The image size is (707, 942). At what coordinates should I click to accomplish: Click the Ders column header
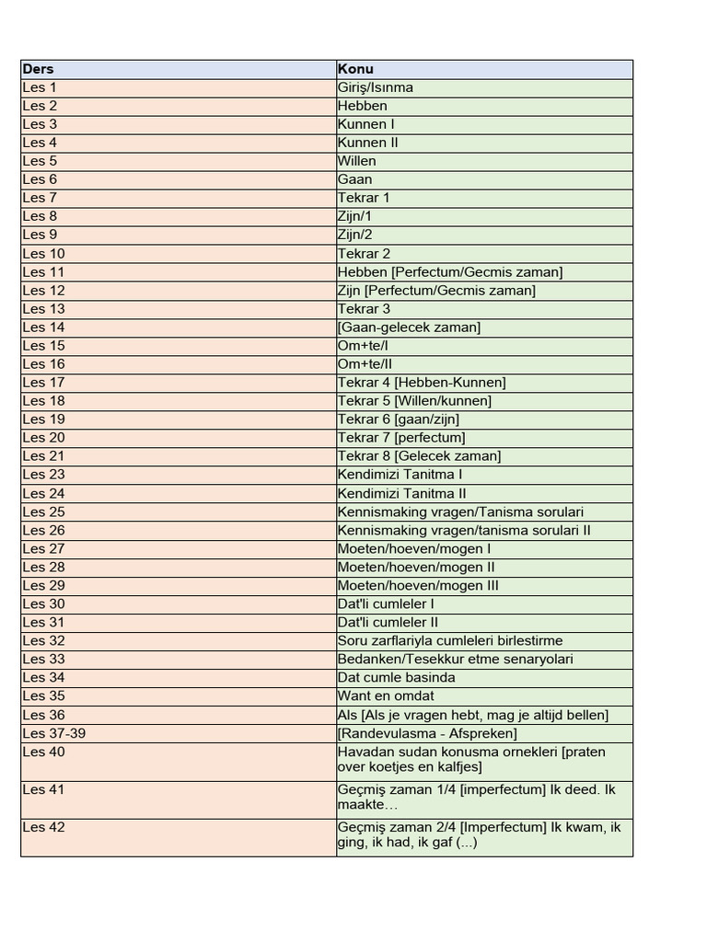click(38, 69)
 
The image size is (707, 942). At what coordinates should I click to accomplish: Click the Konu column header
click(355, 69)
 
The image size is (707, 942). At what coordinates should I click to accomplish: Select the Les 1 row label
click(40, 87)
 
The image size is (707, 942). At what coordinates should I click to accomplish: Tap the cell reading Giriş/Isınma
click(376, 87)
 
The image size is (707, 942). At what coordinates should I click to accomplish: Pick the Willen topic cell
click(357, 161)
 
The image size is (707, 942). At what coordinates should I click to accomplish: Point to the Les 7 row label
click(40, 198)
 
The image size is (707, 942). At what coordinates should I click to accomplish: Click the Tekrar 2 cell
click(365, 254)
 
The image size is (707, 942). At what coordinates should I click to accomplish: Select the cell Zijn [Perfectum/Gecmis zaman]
click(436, 291)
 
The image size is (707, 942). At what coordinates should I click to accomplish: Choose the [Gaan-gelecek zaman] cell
click(409, 327)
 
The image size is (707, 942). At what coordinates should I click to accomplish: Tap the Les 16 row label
click(43, 364)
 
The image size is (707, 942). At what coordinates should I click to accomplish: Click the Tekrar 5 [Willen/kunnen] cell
click(414, 401)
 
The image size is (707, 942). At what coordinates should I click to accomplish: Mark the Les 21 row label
click(43, 456)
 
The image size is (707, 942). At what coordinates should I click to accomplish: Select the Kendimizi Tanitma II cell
click(402, 493)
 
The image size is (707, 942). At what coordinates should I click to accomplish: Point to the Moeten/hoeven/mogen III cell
click(419, 585)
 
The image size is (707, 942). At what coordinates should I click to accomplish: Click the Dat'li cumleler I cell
click(386, 603)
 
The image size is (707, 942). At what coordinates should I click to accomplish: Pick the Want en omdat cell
click(386, 696)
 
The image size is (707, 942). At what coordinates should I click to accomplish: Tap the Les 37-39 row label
click(54, 733)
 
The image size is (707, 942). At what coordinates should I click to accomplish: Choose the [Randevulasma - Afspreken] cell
click(427, 733)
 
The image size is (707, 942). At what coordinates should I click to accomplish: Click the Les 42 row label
click(43, 827)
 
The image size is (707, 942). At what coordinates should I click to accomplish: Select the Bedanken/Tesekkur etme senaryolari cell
click(455, 659)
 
